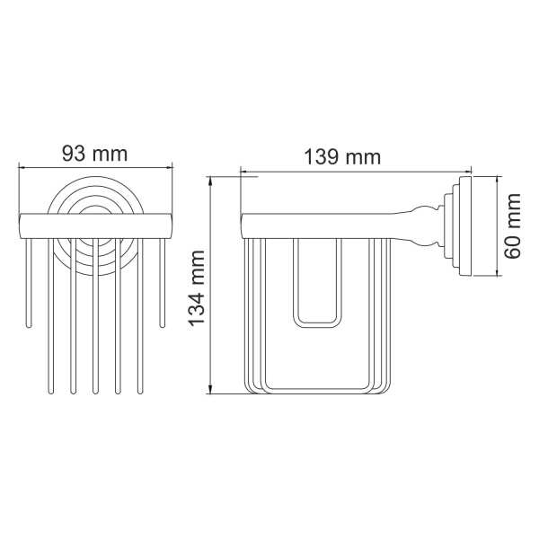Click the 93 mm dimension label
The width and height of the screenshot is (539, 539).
point(94,154)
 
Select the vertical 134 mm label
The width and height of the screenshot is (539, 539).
point(197,287)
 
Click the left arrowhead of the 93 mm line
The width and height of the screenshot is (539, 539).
point(22,167)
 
